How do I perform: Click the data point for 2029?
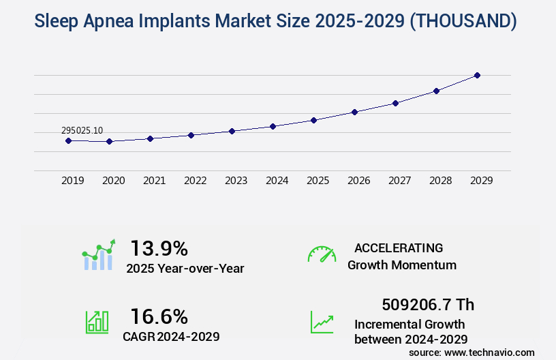click(x=477, y=75)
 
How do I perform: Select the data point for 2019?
click(x=68, y=140)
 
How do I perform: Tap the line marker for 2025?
click(x=313, y=120)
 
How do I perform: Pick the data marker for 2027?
click(x=395, y=103)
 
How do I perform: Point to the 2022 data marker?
click(x=191, y=135)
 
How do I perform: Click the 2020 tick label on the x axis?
click(x=113, y=181)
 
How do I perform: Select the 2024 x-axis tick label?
click(x=277, y=181)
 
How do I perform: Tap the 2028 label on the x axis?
click(x=440, y=181)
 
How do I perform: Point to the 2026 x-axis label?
click(x=358, y=181)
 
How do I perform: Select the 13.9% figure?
click(x=159, y=247)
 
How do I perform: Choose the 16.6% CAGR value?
click(x=159, y=316)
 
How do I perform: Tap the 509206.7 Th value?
click(x=428, y=304)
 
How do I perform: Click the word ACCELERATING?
click(x=399, y=247)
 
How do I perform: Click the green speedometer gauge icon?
click(x=322, y=254)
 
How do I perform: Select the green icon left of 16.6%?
click(x=96, y=322)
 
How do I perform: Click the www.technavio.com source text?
click(x=490, y=352)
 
